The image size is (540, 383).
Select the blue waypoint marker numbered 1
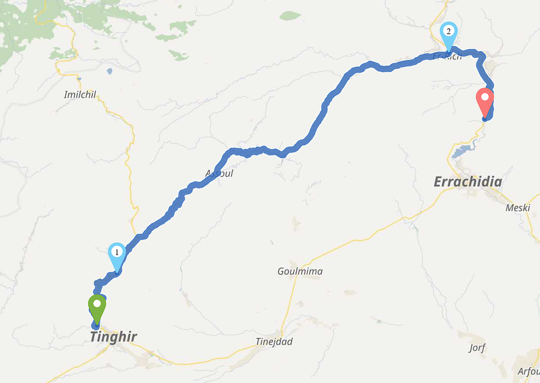coord(117,256)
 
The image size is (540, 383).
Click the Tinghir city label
coord(113,337)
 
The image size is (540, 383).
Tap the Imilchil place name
coord(80,94)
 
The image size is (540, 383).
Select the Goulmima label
coord(300,271)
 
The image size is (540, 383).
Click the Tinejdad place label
coord(274,342)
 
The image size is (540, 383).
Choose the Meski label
coord(517,208)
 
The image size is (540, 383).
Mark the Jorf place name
coord(477,348)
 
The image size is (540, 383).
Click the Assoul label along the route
coord(219,173)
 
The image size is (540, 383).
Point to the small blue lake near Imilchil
coord(110,71)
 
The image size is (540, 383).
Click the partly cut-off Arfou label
coord(529,372)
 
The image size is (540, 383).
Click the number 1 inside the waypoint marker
coord(117,251)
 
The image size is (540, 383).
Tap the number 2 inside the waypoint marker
coord(449,32)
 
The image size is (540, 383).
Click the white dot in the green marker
coord(97,304)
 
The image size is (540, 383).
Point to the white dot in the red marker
coord(485,97)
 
